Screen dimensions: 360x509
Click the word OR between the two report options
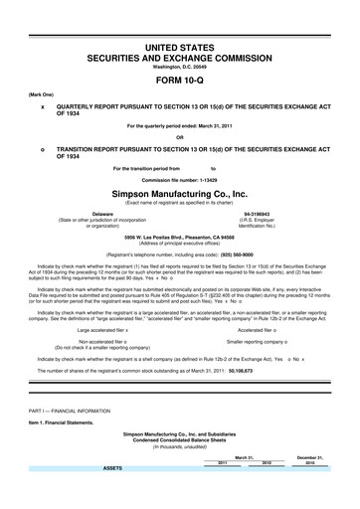coord(179,137)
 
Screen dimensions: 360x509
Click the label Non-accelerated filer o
coord(112,341)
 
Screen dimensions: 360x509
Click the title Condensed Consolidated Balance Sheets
coord(179,440)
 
